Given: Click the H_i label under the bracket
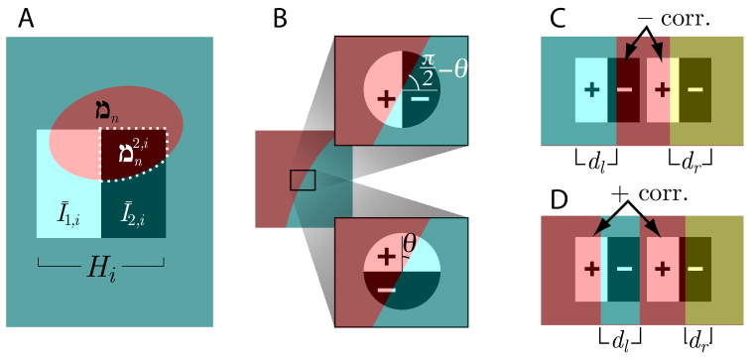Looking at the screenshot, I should [x=100, y=267].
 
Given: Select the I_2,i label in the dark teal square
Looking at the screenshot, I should [x=133, y=213].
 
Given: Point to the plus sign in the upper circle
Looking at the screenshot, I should [x=386, y=99].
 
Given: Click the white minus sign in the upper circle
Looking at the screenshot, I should [x=421, y=98].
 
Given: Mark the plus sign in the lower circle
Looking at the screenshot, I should [x=386, y=256].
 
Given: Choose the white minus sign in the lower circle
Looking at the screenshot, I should [x=387, y=289].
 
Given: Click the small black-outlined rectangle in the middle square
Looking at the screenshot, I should [x=303, y=180].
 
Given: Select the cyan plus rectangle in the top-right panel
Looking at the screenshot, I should [x=592, y=90].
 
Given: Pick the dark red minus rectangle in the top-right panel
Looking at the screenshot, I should [x=625, y=90].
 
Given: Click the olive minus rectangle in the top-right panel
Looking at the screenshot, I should [x=695, y=90].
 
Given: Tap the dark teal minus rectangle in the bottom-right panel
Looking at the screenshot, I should [x=624, y=269].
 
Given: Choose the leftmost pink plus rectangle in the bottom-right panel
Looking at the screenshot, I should [x=591, y=269].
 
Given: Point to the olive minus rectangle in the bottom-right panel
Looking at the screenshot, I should [x=695, y=269].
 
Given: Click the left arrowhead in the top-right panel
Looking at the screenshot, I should [x=631, y=52].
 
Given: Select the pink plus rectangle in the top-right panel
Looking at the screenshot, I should [x=661, y=90].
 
